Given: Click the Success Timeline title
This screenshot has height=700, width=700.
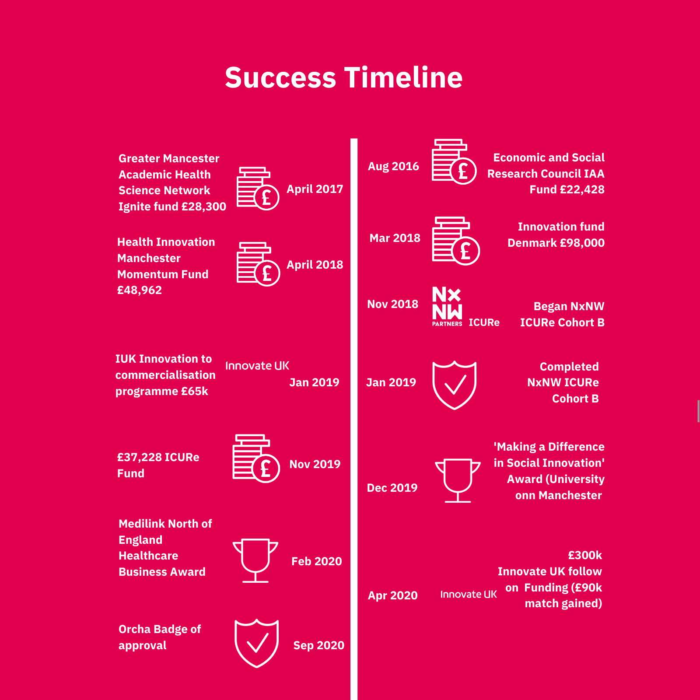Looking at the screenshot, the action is point(344,77).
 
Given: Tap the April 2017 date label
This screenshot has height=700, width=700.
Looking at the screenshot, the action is point(315,189).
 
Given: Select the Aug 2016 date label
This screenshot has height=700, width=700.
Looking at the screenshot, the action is point(393,166).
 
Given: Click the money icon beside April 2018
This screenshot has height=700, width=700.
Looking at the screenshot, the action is point(258,264).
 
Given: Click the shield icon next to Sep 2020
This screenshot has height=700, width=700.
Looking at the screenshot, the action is point(257,643).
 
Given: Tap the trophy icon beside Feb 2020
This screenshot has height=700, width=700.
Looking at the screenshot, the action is point(255,560).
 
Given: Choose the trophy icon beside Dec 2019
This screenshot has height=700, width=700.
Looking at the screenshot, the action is point(458,480).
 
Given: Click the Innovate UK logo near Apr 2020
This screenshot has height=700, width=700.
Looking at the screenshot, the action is point(469,594).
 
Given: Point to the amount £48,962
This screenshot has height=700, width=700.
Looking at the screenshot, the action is point(140,290).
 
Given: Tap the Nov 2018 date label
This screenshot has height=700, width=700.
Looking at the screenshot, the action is point(392,304).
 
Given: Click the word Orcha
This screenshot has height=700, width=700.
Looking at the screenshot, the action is point(134,629).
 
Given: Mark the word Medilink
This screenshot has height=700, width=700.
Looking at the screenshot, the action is point(142,524).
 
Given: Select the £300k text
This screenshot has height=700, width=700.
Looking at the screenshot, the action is point(585,555).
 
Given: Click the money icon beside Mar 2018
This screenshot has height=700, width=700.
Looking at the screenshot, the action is point(456,241).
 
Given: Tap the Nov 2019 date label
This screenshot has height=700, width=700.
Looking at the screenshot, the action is point(315,464).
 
